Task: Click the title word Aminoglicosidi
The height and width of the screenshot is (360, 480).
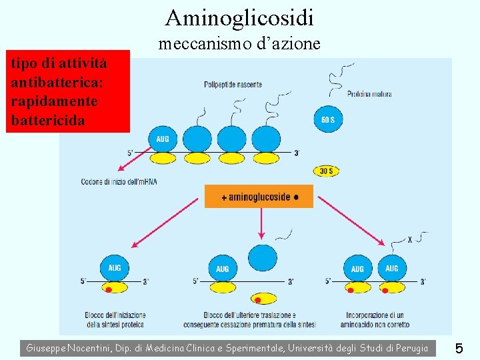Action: pyautogui.click(x=239, y=17)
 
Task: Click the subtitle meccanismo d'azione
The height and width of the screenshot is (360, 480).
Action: pyautogui.click(x=239, y=44)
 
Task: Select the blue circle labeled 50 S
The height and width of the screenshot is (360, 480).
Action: pyautogui.click(x=327, y=119)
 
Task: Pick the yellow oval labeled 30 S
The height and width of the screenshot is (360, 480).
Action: pyautogui.click(x=326, y=171)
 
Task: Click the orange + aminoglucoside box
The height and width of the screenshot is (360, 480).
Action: pyautogui.click(x=259, y=197)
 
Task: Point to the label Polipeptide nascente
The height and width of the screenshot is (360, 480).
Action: pyautogui.click(x=233, y=85)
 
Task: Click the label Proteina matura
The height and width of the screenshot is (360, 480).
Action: pyautogui.click(x=369, y=93)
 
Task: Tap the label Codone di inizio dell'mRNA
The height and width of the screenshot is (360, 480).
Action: pyautogui.click(x=119, y=181)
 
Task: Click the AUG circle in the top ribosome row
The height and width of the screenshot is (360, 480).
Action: pyautogui.click(x=163, y=139)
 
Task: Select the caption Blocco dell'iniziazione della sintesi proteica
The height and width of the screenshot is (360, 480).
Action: pyautogui.click(x=114, y=319)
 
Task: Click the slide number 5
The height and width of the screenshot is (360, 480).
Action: pyautogui.click(x=459, y=347)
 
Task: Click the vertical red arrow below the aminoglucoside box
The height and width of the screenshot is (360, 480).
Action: pyautogui.click(x=261, y=223)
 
